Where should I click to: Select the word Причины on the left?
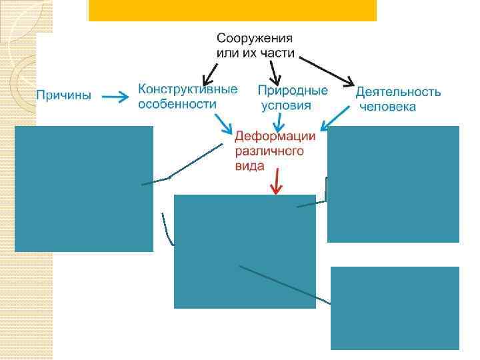click(63, 95)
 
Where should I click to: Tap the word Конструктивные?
click(187, 89)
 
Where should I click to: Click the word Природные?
click(293, 90)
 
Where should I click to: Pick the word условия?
click(286, 105)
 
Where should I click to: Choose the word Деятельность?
click(398, 92)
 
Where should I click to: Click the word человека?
click(387, 107)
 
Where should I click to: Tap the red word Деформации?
click(275, 136)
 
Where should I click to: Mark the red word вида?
click(249, 166)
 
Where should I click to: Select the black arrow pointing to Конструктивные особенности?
click(213, 71)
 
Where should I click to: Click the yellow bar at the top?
click(232, 10)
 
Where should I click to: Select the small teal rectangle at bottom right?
click(395, 307)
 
